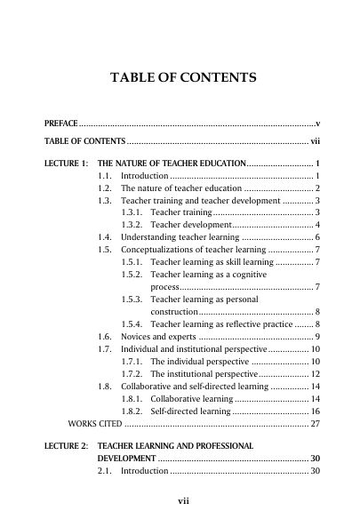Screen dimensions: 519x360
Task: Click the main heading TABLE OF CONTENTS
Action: point(182,78)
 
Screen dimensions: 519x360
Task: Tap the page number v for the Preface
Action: point(317,123)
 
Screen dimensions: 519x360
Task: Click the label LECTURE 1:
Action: point(66,165)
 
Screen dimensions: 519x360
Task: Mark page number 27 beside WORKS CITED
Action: point(315,424)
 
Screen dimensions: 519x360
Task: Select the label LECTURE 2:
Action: point(66,444)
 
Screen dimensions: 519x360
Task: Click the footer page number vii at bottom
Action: point(183,501)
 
